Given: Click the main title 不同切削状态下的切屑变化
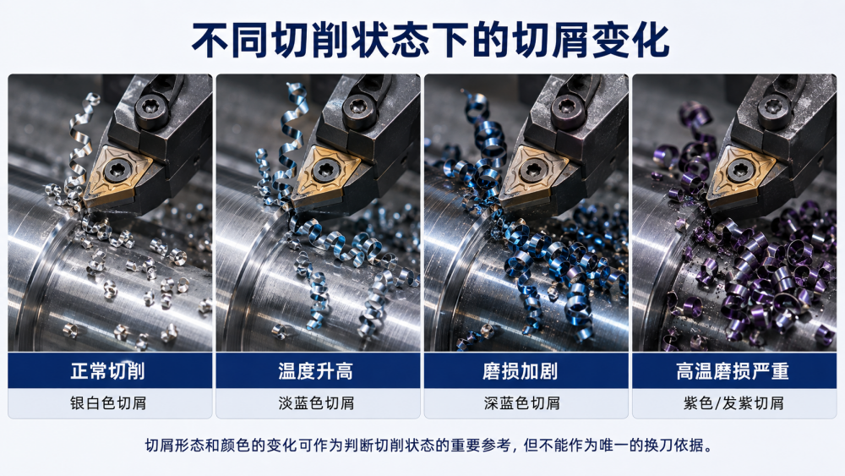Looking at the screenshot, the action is (430, 41).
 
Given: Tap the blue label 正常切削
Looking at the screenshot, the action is (108, 371).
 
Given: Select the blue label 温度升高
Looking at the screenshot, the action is (316, 371).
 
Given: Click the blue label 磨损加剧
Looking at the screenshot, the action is (520, 371).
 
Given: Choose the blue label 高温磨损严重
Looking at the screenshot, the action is (733, 371).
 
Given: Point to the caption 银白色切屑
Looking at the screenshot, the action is (108, 403).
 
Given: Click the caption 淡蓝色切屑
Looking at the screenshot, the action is (316, 403).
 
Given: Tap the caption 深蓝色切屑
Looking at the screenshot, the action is (521, 403).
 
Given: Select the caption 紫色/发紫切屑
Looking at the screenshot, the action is (733, 403).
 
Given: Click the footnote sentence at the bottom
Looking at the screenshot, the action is (429, 446).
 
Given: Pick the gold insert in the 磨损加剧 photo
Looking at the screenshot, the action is (532, 173).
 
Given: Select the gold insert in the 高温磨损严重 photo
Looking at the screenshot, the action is (739, 173).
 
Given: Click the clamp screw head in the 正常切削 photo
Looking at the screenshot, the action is (151, 107).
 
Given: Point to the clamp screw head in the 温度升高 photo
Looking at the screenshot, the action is (360, 107).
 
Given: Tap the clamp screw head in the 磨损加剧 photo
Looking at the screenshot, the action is (568, 107).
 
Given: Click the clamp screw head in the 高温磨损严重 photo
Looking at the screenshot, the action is (775, 107).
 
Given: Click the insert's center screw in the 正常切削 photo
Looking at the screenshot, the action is (117, 170).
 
